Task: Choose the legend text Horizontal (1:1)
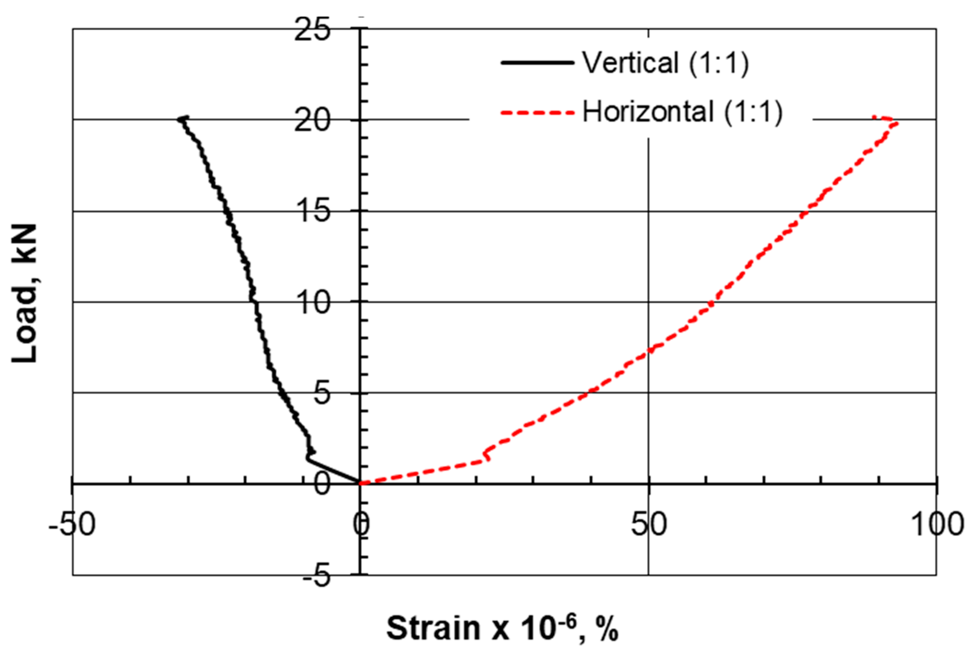pyautogui.click(x=682, y=112)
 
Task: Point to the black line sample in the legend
pyautogui.click(x=537, y=63)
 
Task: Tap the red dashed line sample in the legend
pyautogui.click(x=537, y=112)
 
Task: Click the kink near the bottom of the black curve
pyautogui.click(x=308, y=458)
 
